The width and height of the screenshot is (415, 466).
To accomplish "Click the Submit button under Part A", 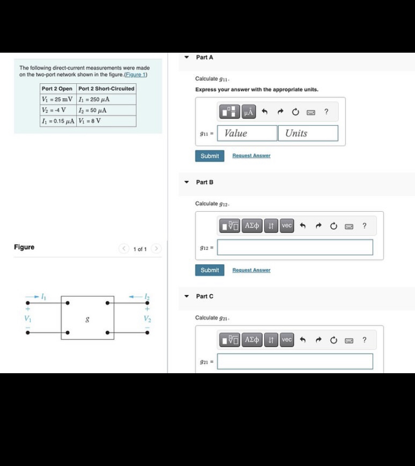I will (210, 156).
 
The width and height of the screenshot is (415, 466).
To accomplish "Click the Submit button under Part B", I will (210, 270).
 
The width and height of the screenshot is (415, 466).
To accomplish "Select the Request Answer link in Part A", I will (251, 156).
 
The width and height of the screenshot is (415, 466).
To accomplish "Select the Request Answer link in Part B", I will (251, 270).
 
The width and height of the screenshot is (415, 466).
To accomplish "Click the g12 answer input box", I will (295, 247).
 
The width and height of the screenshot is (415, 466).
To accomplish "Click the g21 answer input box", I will (295, 362).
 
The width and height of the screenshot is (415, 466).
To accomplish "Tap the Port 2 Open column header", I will (57, 89).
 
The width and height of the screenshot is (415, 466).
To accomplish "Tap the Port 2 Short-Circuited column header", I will (106, 89).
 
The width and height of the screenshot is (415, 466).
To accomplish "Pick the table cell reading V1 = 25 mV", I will (57, 99).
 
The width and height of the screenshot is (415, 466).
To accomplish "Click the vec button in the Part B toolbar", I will (287, 226).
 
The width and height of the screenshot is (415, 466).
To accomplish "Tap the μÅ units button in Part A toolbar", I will (249, 112).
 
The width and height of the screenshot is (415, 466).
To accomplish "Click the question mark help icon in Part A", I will (326, 112).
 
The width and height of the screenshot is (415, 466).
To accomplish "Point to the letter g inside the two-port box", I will (87, 318).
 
